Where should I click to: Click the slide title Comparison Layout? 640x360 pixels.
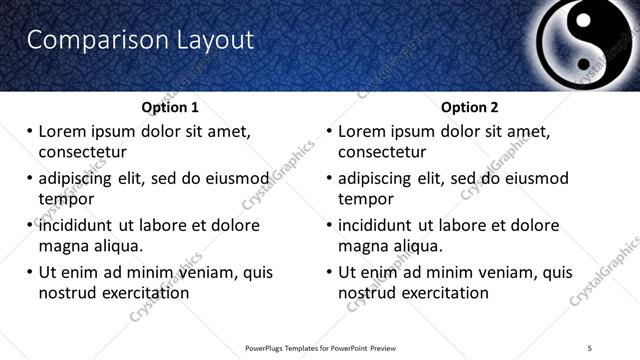(x=140, y=40)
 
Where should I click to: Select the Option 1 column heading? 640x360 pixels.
(x=170, y=107)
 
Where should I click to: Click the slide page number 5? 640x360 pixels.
(x=590, y=348)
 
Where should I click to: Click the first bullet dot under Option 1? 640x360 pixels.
(x=30, y=131)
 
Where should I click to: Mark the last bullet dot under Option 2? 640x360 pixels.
(x=330, y=272)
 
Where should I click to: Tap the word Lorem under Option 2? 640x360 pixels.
(x=361, y=131)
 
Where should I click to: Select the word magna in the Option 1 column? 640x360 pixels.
(x=64, y=246)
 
